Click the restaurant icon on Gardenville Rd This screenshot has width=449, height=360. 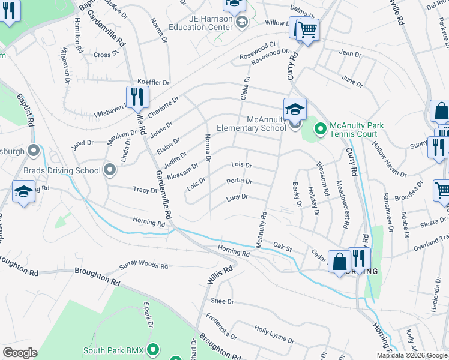(137, 96)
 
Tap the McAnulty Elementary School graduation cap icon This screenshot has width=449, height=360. (295, 109)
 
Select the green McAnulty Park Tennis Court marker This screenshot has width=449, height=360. (320, 128)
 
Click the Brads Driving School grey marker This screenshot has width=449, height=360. (110, 170)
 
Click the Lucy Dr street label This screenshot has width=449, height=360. (237, 197)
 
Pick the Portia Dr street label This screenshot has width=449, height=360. (239, 181)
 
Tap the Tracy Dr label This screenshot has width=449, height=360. (145, 190)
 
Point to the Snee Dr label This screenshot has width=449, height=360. (222, 301)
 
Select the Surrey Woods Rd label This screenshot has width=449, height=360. (143, 265)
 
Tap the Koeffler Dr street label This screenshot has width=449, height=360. (154, 82)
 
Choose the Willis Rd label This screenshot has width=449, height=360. (219, 277)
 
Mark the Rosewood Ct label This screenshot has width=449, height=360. (258, 45)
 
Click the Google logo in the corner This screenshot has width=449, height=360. (20, 352)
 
